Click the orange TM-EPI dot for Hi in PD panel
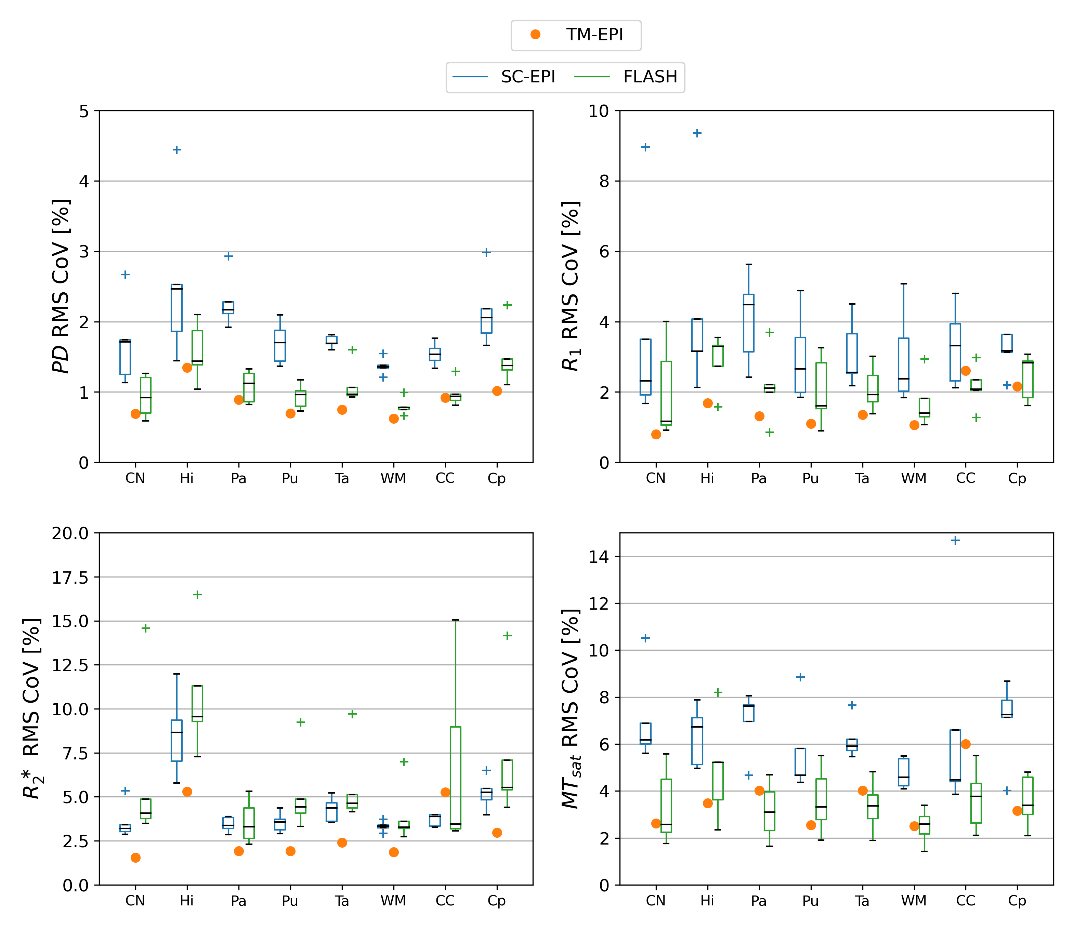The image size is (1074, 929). click(x=187, y=368)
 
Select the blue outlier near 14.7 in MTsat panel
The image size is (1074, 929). click(x=955, y=540)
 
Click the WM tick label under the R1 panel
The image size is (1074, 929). click(x=914, y=478)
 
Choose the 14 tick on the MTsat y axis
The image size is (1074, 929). click(x=599, y=557)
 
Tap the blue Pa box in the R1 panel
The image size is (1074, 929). click(x=749, y=323)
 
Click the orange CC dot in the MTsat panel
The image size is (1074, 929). click(x=966, y=744)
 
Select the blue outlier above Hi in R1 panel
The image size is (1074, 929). click(x=697, y=133)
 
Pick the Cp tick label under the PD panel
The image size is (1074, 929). click(x=497, y=478)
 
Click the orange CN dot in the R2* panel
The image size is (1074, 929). click(x=135, y=858)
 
